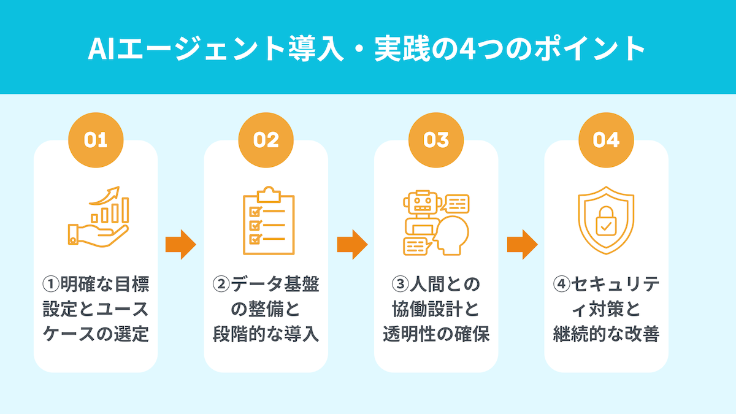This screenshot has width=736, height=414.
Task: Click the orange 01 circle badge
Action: tap(95, 140)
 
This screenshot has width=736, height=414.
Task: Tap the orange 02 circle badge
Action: tap(266, 140)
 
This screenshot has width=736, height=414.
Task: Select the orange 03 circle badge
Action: tap(436, 140)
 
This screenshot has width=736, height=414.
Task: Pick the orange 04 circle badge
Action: tap(606, 140)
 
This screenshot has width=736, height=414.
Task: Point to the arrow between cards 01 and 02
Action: tap(180, 245)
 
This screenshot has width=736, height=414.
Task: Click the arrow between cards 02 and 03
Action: tap(351, 245)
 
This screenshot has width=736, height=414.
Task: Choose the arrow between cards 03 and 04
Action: tap(522, 245)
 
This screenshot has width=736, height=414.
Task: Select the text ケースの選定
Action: tap(96, 335)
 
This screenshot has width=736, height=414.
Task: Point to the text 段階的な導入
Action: tap(266, 335)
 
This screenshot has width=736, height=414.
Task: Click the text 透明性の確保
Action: tap(436, 335)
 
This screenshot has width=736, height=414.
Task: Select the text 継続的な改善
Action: tap(606, 335)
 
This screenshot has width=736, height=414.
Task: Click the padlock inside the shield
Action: tap(606, 223)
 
